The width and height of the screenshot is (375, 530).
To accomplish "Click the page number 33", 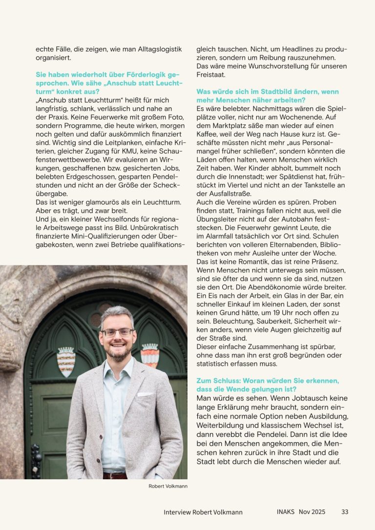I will click(345, 512).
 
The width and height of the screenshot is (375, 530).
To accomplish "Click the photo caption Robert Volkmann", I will click(168, 486).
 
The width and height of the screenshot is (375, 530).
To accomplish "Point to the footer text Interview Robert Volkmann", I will click(203, 512).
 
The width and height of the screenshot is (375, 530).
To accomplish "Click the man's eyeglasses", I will click(117, 332).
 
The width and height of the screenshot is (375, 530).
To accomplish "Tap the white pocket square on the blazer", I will click(145, 394).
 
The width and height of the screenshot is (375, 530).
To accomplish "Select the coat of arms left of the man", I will click(66, 361).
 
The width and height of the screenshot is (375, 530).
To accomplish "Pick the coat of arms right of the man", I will click(150, 355).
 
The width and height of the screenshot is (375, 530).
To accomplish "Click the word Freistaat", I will click(211, 76).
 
